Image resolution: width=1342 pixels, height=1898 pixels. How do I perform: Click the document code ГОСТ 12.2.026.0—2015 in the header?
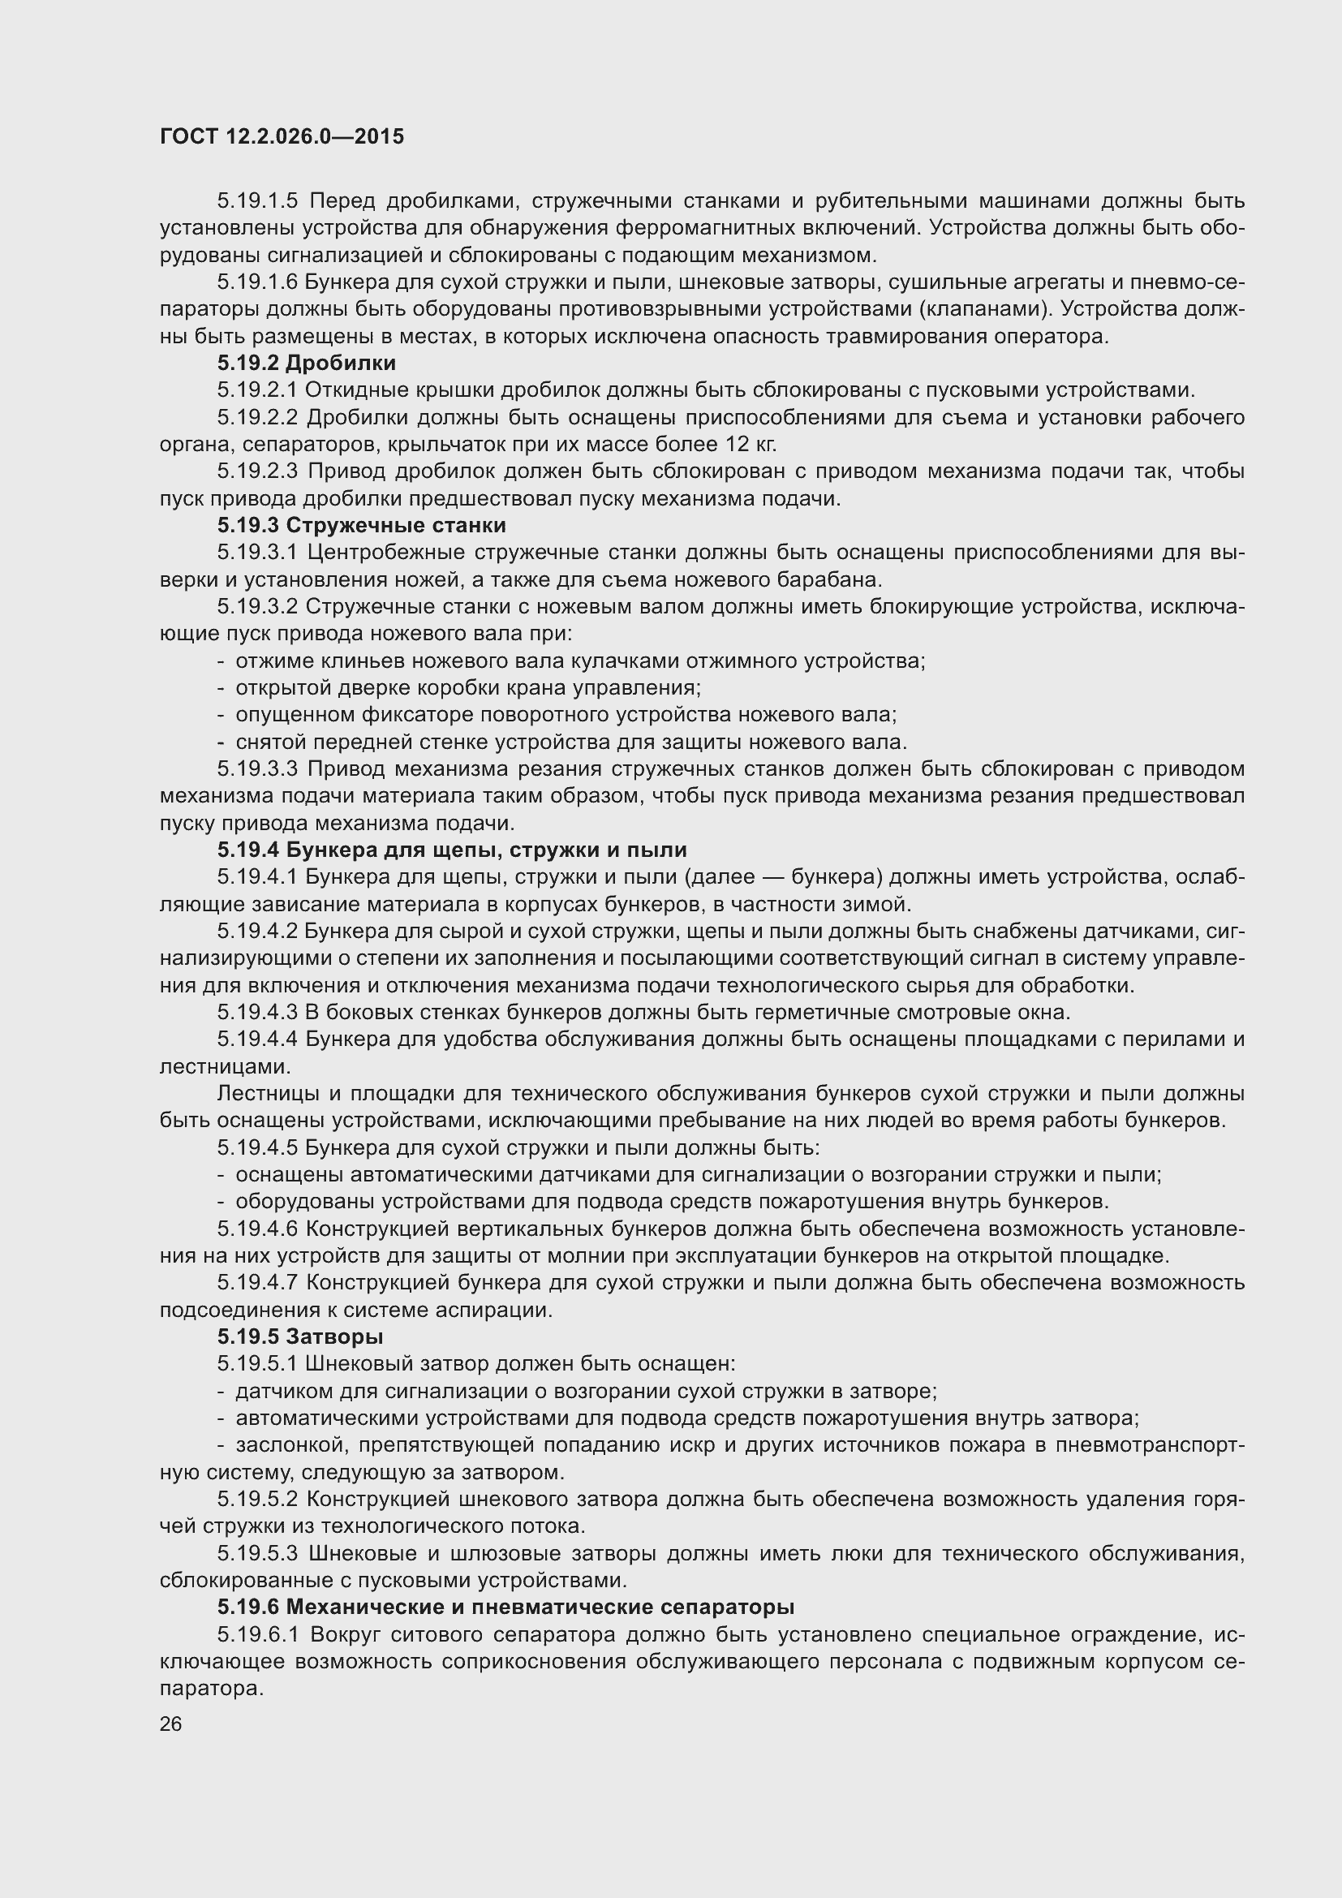pos(282,137)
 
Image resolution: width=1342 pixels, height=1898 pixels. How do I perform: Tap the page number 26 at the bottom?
pos(171,1724)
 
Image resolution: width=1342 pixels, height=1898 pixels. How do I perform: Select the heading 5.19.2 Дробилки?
pos(307,363)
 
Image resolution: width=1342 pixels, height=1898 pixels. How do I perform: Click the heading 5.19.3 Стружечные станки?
pos(362,526)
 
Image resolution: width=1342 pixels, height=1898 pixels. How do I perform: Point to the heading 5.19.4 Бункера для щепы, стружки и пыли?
pos(452,850)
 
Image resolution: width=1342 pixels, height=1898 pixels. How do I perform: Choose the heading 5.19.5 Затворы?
pos(300,1336)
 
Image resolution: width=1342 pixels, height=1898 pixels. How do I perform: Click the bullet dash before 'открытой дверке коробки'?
pos(221,688)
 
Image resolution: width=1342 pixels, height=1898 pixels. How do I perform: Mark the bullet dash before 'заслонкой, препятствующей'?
pos(221,1445)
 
